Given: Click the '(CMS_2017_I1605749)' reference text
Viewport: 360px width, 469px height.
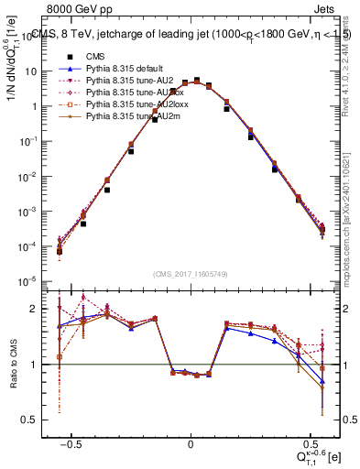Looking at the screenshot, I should click(x=191, y=275).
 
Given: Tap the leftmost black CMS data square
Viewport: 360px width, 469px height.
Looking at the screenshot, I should click(x=60, y=250).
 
